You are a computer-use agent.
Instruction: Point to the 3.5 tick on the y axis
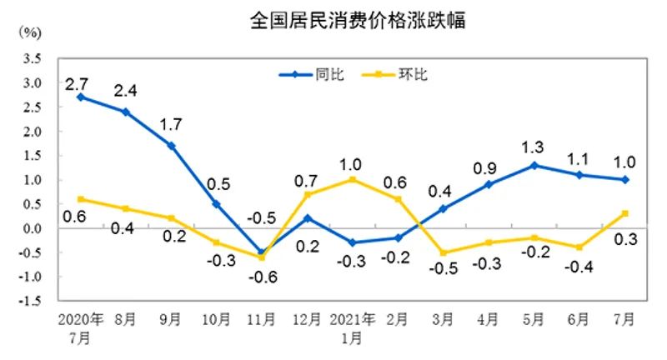pyautogui.click(x=33, y=58)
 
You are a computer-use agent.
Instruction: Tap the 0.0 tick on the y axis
pyautogui.click(x=33, y=228)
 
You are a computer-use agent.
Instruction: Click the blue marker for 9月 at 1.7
pyautogui.click(x=171, y=146)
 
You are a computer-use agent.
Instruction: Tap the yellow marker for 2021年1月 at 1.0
pyautogui.click(x=353, y=179)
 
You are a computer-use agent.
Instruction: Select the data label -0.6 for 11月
pyautogui.click(x=262, y=277)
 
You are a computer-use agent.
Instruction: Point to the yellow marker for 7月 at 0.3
pyautogui.click(x=624, y=213)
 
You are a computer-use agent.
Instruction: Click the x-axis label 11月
pyautogui.click(x=262, y=321)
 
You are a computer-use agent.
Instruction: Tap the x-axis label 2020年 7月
pyautogui.click(x=80, y=328)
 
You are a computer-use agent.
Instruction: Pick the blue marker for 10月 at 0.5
pyautogui.click(x=217, y=204)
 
